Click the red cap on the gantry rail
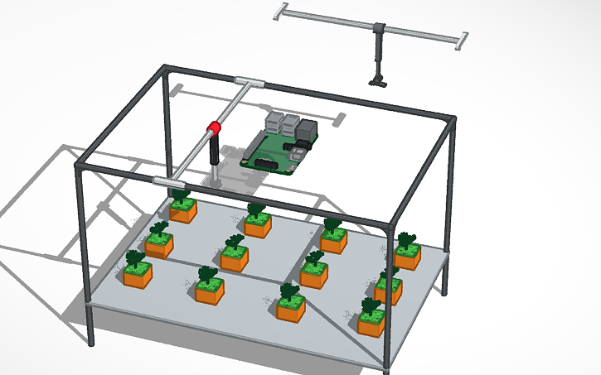[214, 127]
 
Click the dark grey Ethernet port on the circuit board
[308, 131]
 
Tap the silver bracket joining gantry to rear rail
[250, 82]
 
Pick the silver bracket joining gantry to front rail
[167, 180]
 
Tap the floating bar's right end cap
[462, 39]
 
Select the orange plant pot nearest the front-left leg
[138, 274]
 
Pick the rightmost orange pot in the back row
[407, 256]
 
